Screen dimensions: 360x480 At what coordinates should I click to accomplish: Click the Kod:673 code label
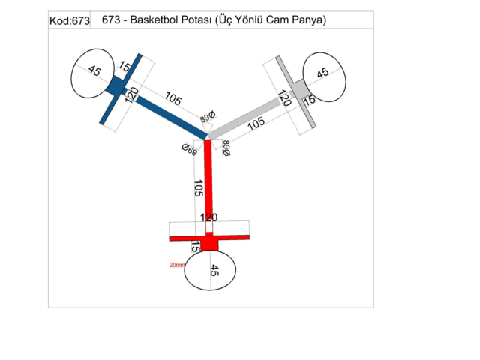pyautogui.click(x=69, y=21)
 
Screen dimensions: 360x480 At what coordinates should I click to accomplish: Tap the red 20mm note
pyautogui.click(x=177, y=265)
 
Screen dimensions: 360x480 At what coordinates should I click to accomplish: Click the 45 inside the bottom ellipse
pyautogui.click(x=214, y=271)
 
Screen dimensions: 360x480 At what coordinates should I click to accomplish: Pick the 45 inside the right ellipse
pyautogui.click(x=323, y=73)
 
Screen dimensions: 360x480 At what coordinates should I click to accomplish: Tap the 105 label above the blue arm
pyautogui.click(x=174, y=98)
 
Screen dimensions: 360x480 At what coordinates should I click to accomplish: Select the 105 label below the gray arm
pyautogui.click(x=256, y=124)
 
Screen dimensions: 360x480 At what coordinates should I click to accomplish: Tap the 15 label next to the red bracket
pyautogui.click(x=196, y=246)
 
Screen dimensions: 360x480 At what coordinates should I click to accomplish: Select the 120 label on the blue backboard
pyautogui.click(x=131, y=96)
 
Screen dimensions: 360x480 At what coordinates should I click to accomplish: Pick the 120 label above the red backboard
pyautogui.click(x=208, y=217)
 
